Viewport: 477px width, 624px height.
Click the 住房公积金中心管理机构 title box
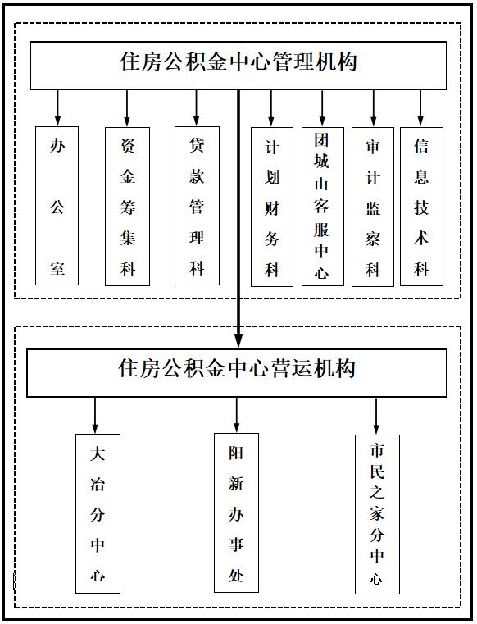tap(238, 66)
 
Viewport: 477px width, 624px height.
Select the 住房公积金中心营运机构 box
tap(237, 373)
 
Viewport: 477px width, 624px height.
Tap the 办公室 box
tap(57, 206)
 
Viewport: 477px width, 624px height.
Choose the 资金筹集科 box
tap(127, 207)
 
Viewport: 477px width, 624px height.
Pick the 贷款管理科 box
tap(197, 206)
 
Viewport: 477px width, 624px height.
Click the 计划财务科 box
tap(272, 207)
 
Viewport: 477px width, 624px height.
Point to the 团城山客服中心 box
tap(323, 207)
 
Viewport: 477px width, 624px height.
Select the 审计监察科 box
tap(373, 207)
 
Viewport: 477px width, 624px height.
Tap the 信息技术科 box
tap(421, 207)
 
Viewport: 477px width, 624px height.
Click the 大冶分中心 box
tap(98, 513)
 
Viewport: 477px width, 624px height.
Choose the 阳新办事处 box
tap(236, 512)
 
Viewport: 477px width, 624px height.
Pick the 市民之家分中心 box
tap(377, 514)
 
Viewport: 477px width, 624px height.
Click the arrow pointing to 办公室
tap(57, 107)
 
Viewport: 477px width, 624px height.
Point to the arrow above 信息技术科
tap(420, 107)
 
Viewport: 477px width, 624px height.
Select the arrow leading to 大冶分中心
tap(95, 415)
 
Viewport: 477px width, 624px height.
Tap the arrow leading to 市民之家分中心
tap(376, 416)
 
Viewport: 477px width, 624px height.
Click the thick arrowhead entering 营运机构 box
tap(238, 340)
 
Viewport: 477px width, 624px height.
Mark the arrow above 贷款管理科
tap(196, 107)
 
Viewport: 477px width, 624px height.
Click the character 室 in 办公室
tap(57, 268)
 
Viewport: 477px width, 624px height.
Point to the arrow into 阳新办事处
tap(236, 415)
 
